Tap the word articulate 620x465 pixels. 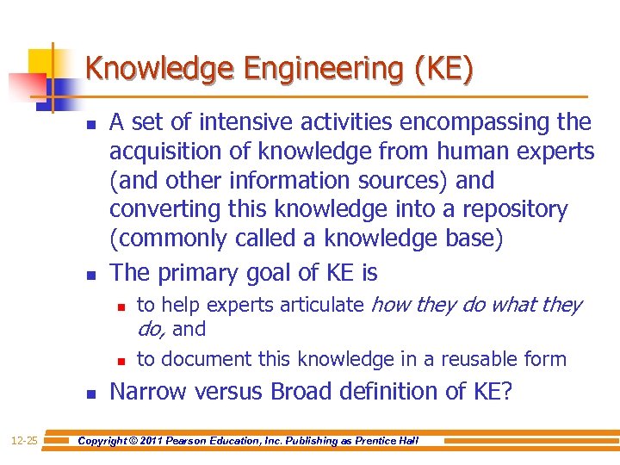[323, 305]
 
